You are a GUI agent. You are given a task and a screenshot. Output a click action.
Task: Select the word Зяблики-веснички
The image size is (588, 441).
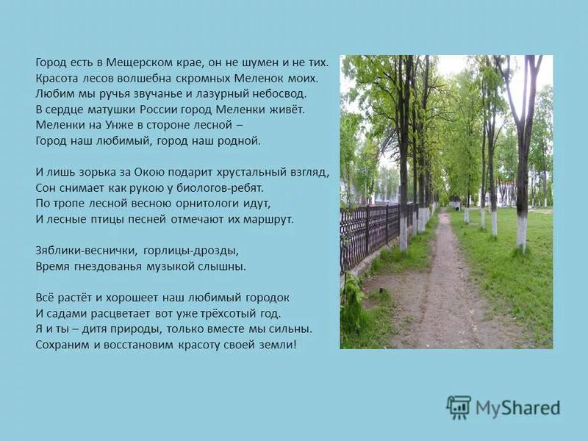(x=77, y=250)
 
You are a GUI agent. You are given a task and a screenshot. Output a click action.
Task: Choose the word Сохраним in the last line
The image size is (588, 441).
(x=61, y=344)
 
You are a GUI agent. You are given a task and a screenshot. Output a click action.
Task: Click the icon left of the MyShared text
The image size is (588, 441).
(x=459, y=407)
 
